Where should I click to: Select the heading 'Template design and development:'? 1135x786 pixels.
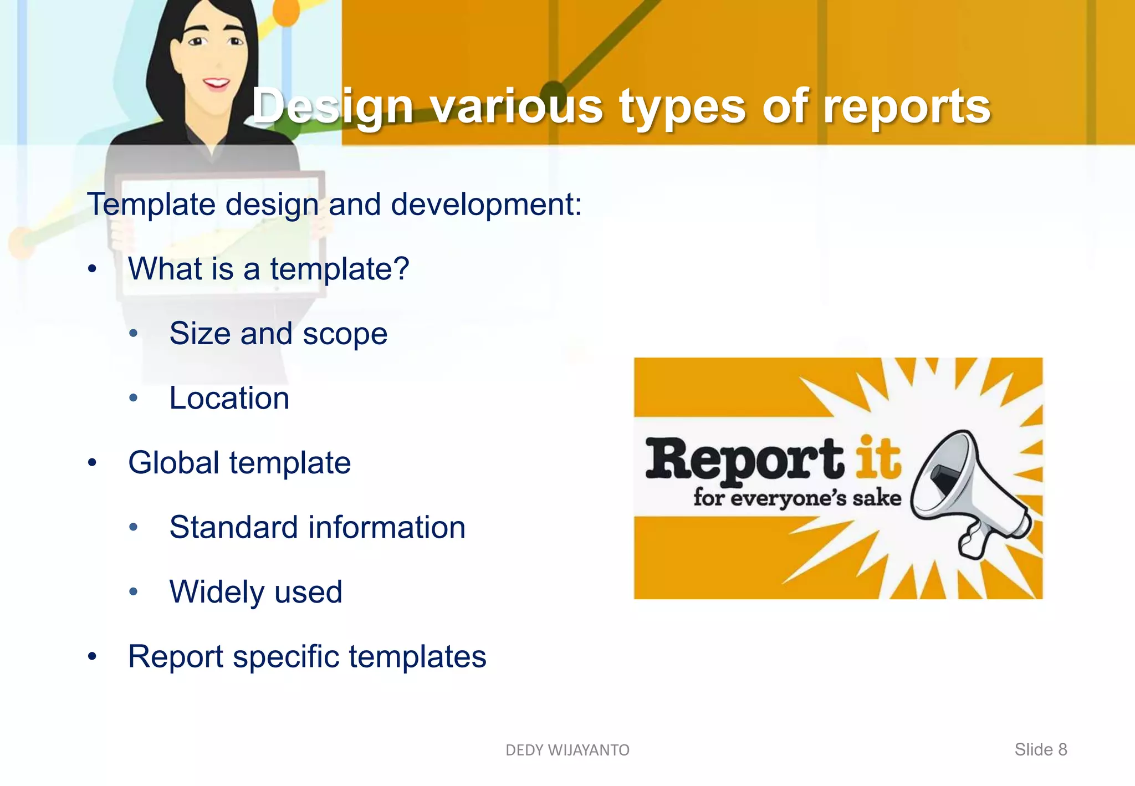click(x=335, y=204)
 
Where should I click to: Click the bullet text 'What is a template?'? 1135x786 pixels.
click(x=268, y=269)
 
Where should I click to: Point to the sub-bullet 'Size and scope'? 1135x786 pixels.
click(x=278, y=334)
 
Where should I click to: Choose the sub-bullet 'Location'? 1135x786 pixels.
click(x=229, y=398)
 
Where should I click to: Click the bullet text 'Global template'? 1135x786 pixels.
click(x=239, y=463)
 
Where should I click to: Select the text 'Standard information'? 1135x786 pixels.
click(x=317, y=527)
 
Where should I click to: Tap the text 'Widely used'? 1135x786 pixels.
click(x=256, y=591)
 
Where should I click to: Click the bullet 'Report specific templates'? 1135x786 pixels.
click(x=307, y=656)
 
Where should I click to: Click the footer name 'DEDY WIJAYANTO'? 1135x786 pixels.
click(x=567, y=750)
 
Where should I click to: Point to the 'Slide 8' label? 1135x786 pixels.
click(x=1040, y=749)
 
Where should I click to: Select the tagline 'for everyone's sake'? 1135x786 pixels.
click(x=797, y=497)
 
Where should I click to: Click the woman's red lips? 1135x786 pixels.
click(x=216, y=84)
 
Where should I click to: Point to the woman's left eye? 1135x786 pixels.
click(x=235, y=41)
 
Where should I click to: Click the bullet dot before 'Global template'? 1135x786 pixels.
click(x=93, y=463)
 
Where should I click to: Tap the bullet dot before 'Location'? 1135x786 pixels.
click(x=133, y=398)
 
